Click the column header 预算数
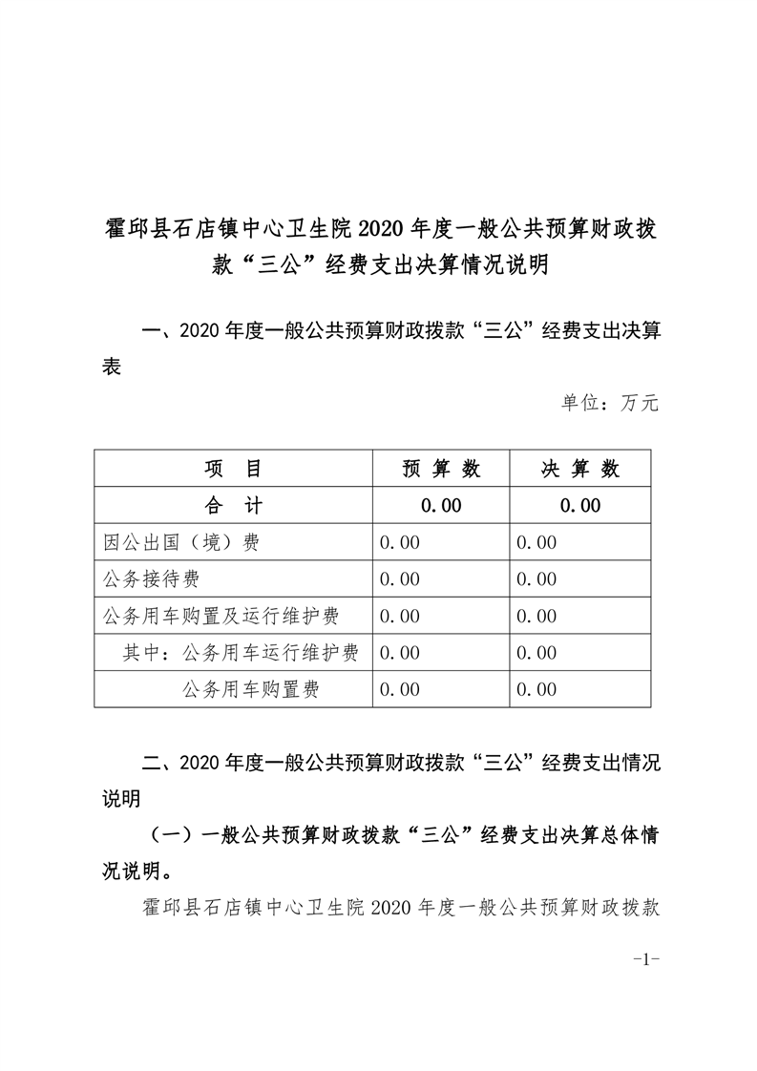[x=440, y=469]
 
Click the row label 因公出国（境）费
[x=181, y=542]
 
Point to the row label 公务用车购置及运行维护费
[x=221, y=616]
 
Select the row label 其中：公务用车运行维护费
[x=241, y=653]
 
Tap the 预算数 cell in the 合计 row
[x=440, y=506]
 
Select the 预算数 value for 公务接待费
[x=400, y=579]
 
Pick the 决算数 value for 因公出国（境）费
[x=536, y=542]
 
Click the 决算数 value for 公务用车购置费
[x=536, y=689]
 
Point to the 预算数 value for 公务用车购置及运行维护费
[x=400, y=616]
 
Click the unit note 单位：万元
[x=609, y=403]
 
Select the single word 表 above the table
[x=112, y=367]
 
